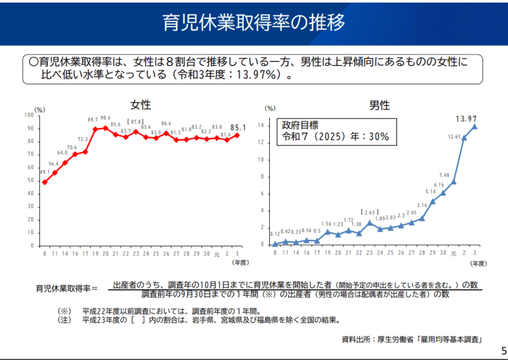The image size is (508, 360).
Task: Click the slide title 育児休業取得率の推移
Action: click(x=253, y=23)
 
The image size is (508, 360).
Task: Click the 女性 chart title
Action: click(x=140, y=105)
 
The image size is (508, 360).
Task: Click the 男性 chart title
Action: click(x=378, y=105)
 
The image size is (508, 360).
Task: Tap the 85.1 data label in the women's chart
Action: click(x=239, y=126)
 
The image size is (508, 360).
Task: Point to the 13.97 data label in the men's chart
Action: click(x=466, y=119)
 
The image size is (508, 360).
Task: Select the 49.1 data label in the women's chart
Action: click(x=44, y=172)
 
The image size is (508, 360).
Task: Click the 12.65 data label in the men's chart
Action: click(x=454, y=137)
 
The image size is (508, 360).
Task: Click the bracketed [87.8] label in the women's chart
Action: click(x=136, y=121)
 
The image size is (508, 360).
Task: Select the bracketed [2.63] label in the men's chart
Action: click(x=370, y=212)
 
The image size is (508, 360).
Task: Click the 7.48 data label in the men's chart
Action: click(x=444, y=175)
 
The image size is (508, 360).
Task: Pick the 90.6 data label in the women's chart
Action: click(x=105, y=118)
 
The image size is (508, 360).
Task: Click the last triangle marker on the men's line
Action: click(x=474, y=126)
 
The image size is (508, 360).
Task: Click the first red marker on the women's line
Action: click(x=44, y=182)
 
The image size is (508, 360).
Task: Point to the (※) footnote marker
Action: click(x=64, y=311)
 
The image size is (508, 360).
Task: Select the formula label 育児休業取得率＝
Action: click(x=67, y=289)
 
